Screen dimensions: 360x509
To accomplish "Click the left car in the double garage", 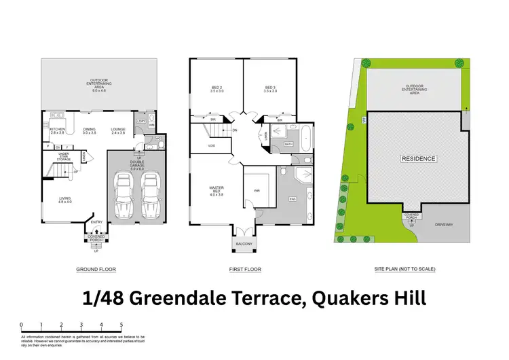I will [124, 197].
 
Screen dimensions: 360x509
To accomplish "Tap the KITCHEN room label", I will [56, 130].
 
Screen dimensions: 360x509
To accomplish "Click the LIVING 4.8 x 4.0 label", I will [65, 200].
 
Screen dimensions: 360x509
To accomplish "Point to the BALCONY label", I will [244, 243].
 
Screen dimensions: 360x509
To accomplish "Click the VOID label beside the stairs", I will [212, 145].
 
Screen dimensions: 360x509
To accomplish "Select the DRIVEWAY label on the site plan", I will [444, 221].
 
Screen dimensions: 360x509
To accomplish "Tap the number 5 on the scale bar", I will [121, 325].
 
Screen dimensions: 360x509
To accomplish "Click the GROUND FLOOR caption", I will [96, 270].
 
